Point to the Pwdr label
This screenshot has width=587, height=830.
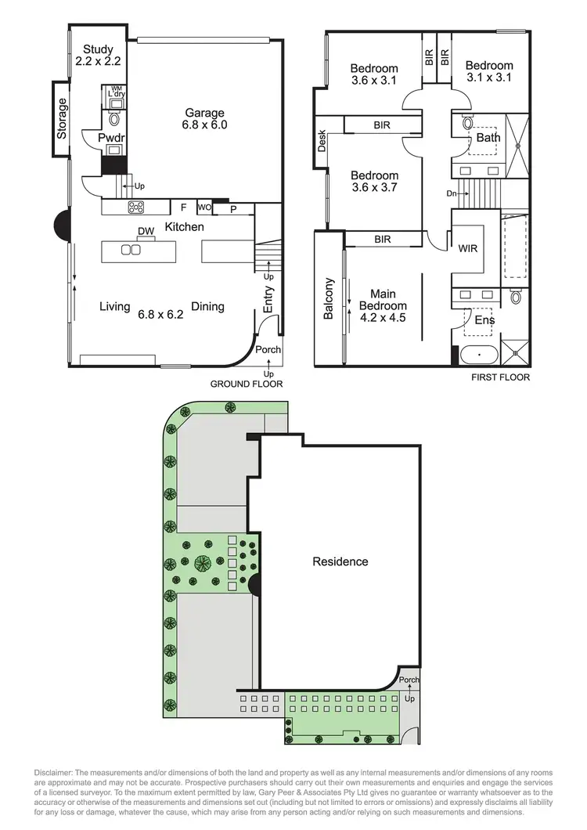tap(106, 138)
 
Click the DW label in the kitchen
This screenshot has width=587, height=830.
tap(146, 230)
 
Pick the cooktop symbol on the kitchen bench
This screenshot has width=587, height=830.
tap(136, 207)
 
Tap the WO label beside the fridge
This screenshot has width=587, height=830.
tap(204, 207)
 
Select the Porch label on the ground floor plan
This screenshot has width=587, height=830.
tap(268, 349)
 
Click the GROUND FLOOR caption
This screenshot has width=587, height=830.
tap(247, 384)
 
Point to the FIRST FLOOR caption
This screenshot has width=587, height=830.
tap(500, 377)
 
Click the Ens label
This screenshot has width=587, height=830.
tap(484, 319)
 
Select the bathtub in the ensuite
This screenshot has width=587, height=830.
tap(477, 355)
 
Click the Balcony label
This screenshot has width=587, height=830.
tap(329, 298)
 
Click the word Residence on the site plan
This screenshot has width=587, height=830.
tap(340, 561)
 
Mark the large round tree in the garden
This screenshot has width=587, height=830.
tap(203, 563)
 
